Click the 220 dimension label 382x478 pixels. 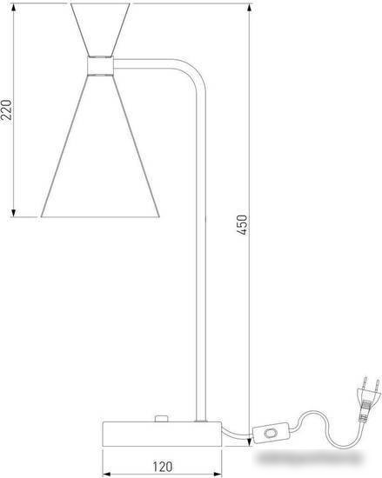coord(6,110)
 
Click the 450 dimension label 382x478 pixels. coord(242,225)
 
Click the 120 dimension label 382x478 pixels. coord(163,467)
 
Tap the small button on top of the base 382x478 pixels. coord(161,419)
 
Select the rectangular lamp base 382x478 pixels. coord(162,434)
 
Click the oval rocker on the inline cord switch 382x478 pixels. coord(271,433)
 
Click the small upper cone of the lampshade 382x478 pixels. coord(100,30)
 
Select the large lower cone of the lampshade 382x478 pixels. coord(100,146)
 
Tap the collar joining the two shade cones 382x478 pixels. coord(100,65)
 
